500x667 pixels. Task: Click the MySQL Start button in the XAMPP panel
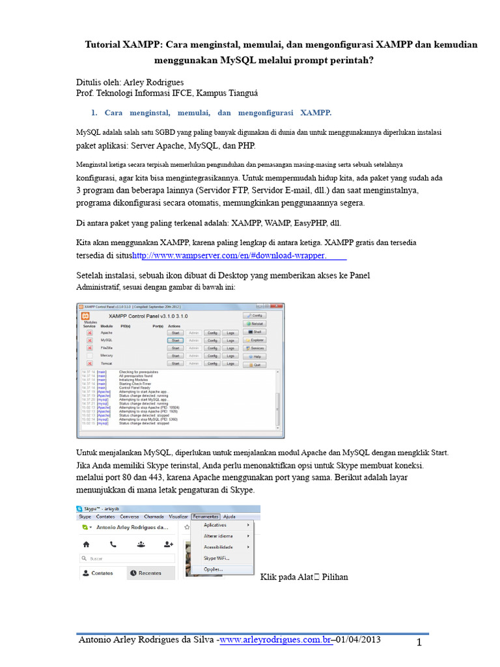point(174,340)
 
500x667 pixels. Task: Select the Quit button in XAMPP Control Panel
point(255,365)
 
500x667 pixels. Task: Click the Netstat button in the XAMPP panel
point(255,323)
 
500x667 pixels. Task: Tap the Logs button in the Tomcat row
point(230,363)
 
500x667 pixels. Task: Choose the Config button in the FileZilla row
point(212,348)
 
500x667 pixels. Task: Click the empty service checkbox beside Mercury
point(90,356)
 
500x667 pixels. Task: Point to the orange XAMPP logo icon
point(85,315)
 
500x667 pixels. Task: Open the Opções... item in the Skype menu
point(213,569)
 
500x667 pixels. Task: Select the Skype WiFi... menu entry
point(217,558)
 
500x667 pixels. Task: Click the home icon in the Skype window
point(86,543)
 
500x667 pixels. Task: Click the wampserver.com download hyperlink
point(229,255)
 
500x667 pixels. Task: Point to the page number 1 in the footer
point(420,644)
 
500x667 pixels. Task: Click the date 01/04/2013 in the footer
point(358,641)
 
